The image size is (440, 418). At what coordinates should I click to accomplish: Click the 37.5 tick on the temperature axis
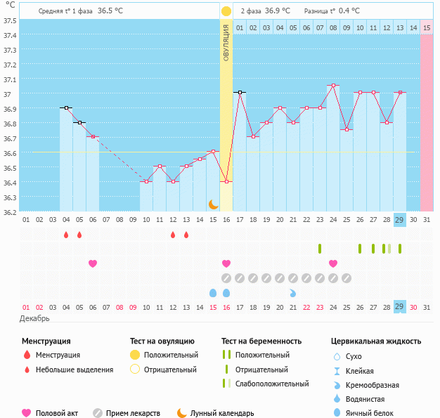tap(11, 20)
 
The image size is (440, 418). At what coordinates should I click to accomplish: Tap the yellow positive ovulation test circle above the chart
tap(226, 11)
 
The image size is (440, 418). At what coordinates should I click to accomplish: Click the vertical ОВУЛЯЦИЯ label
tap(226, 42)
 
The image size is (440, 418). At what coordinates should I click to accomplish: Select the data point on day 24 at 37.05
tap(333, 86)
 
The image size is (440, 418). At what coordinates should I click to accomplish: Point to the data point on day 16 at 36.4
tap(226, 182)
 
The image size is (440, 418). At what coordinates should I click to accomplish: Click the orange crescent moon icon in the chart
tap(213, 204)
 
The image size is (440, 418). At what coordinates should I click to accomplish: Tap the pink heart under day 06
tap(93, 263)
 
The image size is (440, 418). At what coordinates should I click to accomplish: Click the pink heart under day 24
tap(333, 263)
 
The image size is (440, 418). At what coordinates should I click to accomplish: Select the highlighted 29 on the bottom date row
tap(399, 307)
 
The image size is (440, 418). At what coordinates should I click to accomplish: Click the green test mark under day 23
tap(320, 249)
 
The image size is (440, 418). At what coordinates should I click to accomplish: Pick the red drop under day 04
tap(66, 235)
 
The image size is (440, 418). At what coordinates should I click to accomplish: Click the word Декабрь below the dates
tap(35, 319)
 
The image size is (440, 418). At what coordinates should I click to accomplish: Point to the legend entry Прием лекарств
tap(133, 414)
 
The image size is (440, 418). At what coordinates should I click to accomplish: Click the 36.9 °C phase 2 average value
tap(278, 11)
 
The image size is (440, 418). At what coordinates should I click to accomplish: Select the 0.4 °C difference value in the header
tap(349, 11)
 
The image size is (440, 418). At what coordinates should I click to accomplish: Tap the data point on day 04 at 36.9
tap(66, 107)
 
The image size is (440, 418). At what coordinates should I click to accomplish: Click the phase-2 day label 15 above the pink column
tap(426, 27)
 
